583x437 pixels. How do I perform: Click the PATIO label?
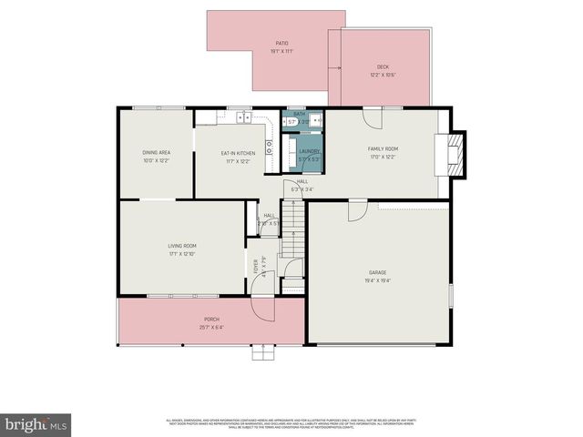coord(282,43)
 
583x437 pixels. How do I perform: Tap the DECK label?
coord(383,67)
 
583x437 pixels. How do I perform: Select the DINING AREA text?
coord(156,152)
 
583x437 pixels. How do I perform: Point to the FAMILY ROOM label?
coord(383,148)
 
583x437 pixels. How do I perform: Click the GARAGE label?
coord(377,272)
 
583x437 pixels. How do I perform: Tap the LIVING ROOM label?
coord(181,246)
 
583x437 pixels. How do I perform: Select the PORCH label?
coord(211,319)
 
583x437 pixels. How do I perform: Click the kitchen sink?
coord(243,117)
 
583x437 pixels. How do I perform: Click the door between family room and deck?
coord(372,117)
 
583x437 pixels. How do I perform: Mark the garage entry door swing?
coord(357,210)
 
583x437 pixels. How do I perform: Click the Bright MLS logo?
coord(36,424)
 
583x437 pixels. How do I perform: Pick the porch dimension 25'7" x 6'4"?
coord(211,328)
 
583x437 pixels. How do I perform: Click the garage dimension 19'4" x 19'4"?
coord(377,281)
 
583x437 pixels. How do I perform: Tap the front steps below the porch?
coord(262,352)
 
